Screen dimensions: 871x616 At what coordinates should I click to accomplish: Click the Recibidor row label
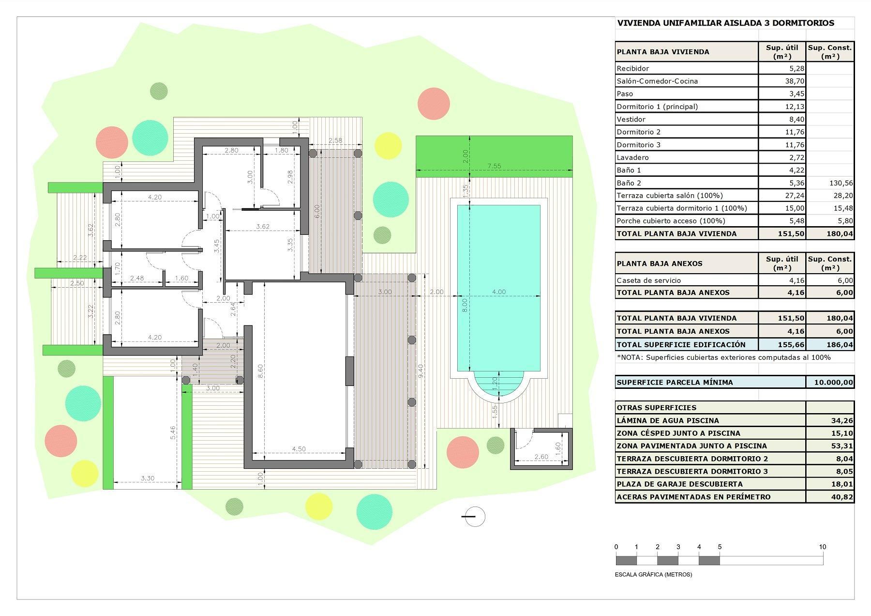[x=632, y=69]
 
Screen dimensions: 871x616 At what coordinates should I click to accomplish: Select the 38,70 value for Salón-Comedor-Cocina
[x=795, y=81]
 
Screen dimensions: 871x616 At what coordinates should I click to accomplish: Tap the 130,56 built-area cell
[x=842, y=183]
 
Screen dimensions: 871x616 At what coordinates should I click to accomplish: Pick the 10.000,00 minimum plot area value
[x=834, y=382]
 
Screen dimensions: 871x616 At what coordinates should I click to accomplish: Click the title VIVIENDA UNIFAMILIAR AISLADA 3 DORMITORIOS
[x=726, y=23]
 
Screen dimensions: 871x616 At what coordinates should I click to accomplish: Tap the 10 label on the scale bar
[x=823, y=547]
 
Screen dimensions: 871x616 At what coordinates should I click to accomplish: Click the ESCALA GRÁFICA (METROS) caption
[x=653, y=575]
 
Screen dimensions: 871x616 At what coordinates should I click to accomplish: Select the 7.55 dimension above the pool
[x=494, y=166]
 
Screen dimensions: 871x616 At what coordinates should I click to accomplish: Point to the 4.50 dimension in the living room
[x=299, y=449]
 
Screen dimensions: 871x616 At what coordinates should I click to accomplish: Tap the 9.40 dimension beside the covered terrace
[x=421, y=371]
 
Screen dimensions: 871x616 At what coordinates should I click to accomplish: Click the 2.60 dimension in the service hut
[x=541, y=457]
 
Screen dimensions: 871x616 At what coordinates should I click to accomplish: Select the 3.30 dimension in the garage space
[x=148, y=478]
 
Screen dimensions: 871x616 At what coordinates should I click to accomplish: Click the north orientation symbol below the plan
[x=474, y=517]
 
